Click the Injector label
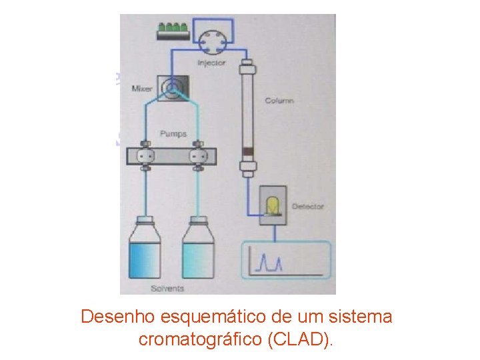tap(211, 63)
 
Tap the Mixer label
tap(142, 89)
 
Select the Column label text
tap(279, 101)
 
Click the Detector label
tap(307, 206)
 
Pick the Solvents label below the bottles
tap(167, 289)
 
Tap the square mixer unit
tap(172, 87)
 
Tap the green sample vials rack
tap(172, 30)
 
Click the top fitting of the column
tap(248, 67)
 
